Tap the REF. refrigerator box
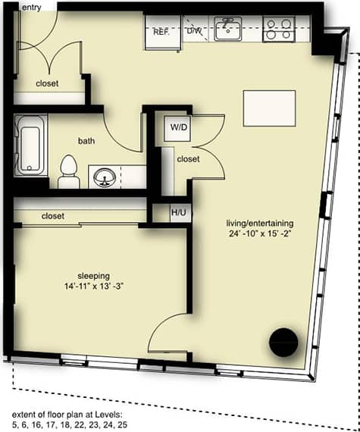point(160,33)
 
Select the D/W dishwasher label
point(195,32)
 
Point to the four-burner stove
point(277,30)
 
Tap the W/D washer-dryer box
point(180,127)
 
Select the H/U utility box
point(179,212)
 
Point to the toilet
point(69,171)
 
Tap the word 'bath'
point(86,141)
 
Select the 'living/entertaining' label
point(258,223)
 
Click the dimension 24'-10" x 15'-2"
point(258,233)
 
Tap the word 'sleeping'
point(94,276)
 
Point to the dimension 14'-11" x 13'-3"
point(94,287)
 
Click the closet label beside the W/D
point(188,159)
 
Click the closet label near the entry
point(47,83)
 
